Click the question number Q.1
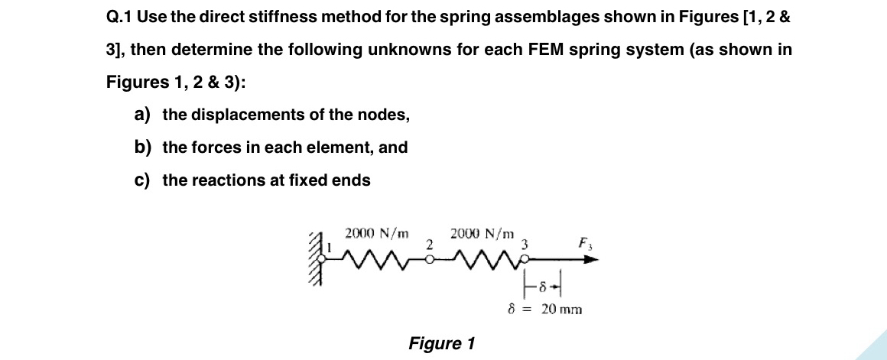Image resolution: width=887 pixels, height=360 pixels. pyautogui.click(x=119, y=17)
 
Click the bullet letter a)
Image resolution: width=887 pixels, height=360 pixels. pyautogui.click(x=141, y=115)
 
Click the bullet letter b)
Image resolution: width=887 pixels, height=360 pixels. pyautogui.click(x=141, y=148)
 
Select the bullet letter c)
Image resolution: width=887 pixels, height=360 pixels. pyautogui.click(x=141, y=180)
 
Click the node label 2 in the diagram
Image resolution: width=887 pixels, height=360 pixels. pyautogui.click(x=430, y=245)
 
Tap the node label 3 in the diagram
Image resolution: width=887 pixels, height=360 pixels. pyautogui.click(x=525, y=245)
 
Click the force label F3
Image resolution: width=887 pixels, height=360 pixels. pyautogui.click(x=585, y=245)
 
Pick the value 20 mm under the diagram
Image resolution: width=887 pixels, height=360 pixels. pyautogui.click(x=561, y=310)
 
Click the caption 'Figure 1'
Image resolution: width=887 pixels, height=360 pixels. pyautogui.click(x=442, y=343)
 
